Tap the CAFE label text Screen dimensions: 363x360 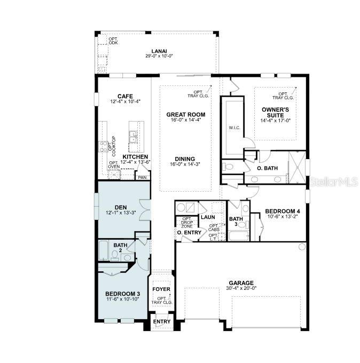click(125, 96)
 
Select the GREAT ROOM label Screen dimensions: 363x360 click(185, 114)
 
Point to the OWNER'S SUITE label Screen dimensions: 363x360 click(275, 113)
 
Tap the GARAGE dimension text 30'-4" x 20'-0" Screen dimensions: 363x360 click(241, 288)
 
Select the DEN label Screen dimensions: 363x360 click(120, 207)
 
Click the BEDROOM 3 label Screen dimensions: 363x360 click(123, 294)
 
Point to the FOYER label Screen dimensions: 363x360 click(161, 289)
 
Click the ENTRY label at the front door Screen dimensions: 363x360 click(161, 321)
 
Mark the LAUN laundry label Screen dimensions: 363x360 click(208, 217)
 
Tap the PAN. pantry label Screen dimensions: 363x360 click(143, 177)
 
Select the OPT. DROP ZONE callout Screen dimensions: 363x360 click(187, 222)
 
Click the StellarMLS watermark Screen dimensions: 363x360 click(334, 182)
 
